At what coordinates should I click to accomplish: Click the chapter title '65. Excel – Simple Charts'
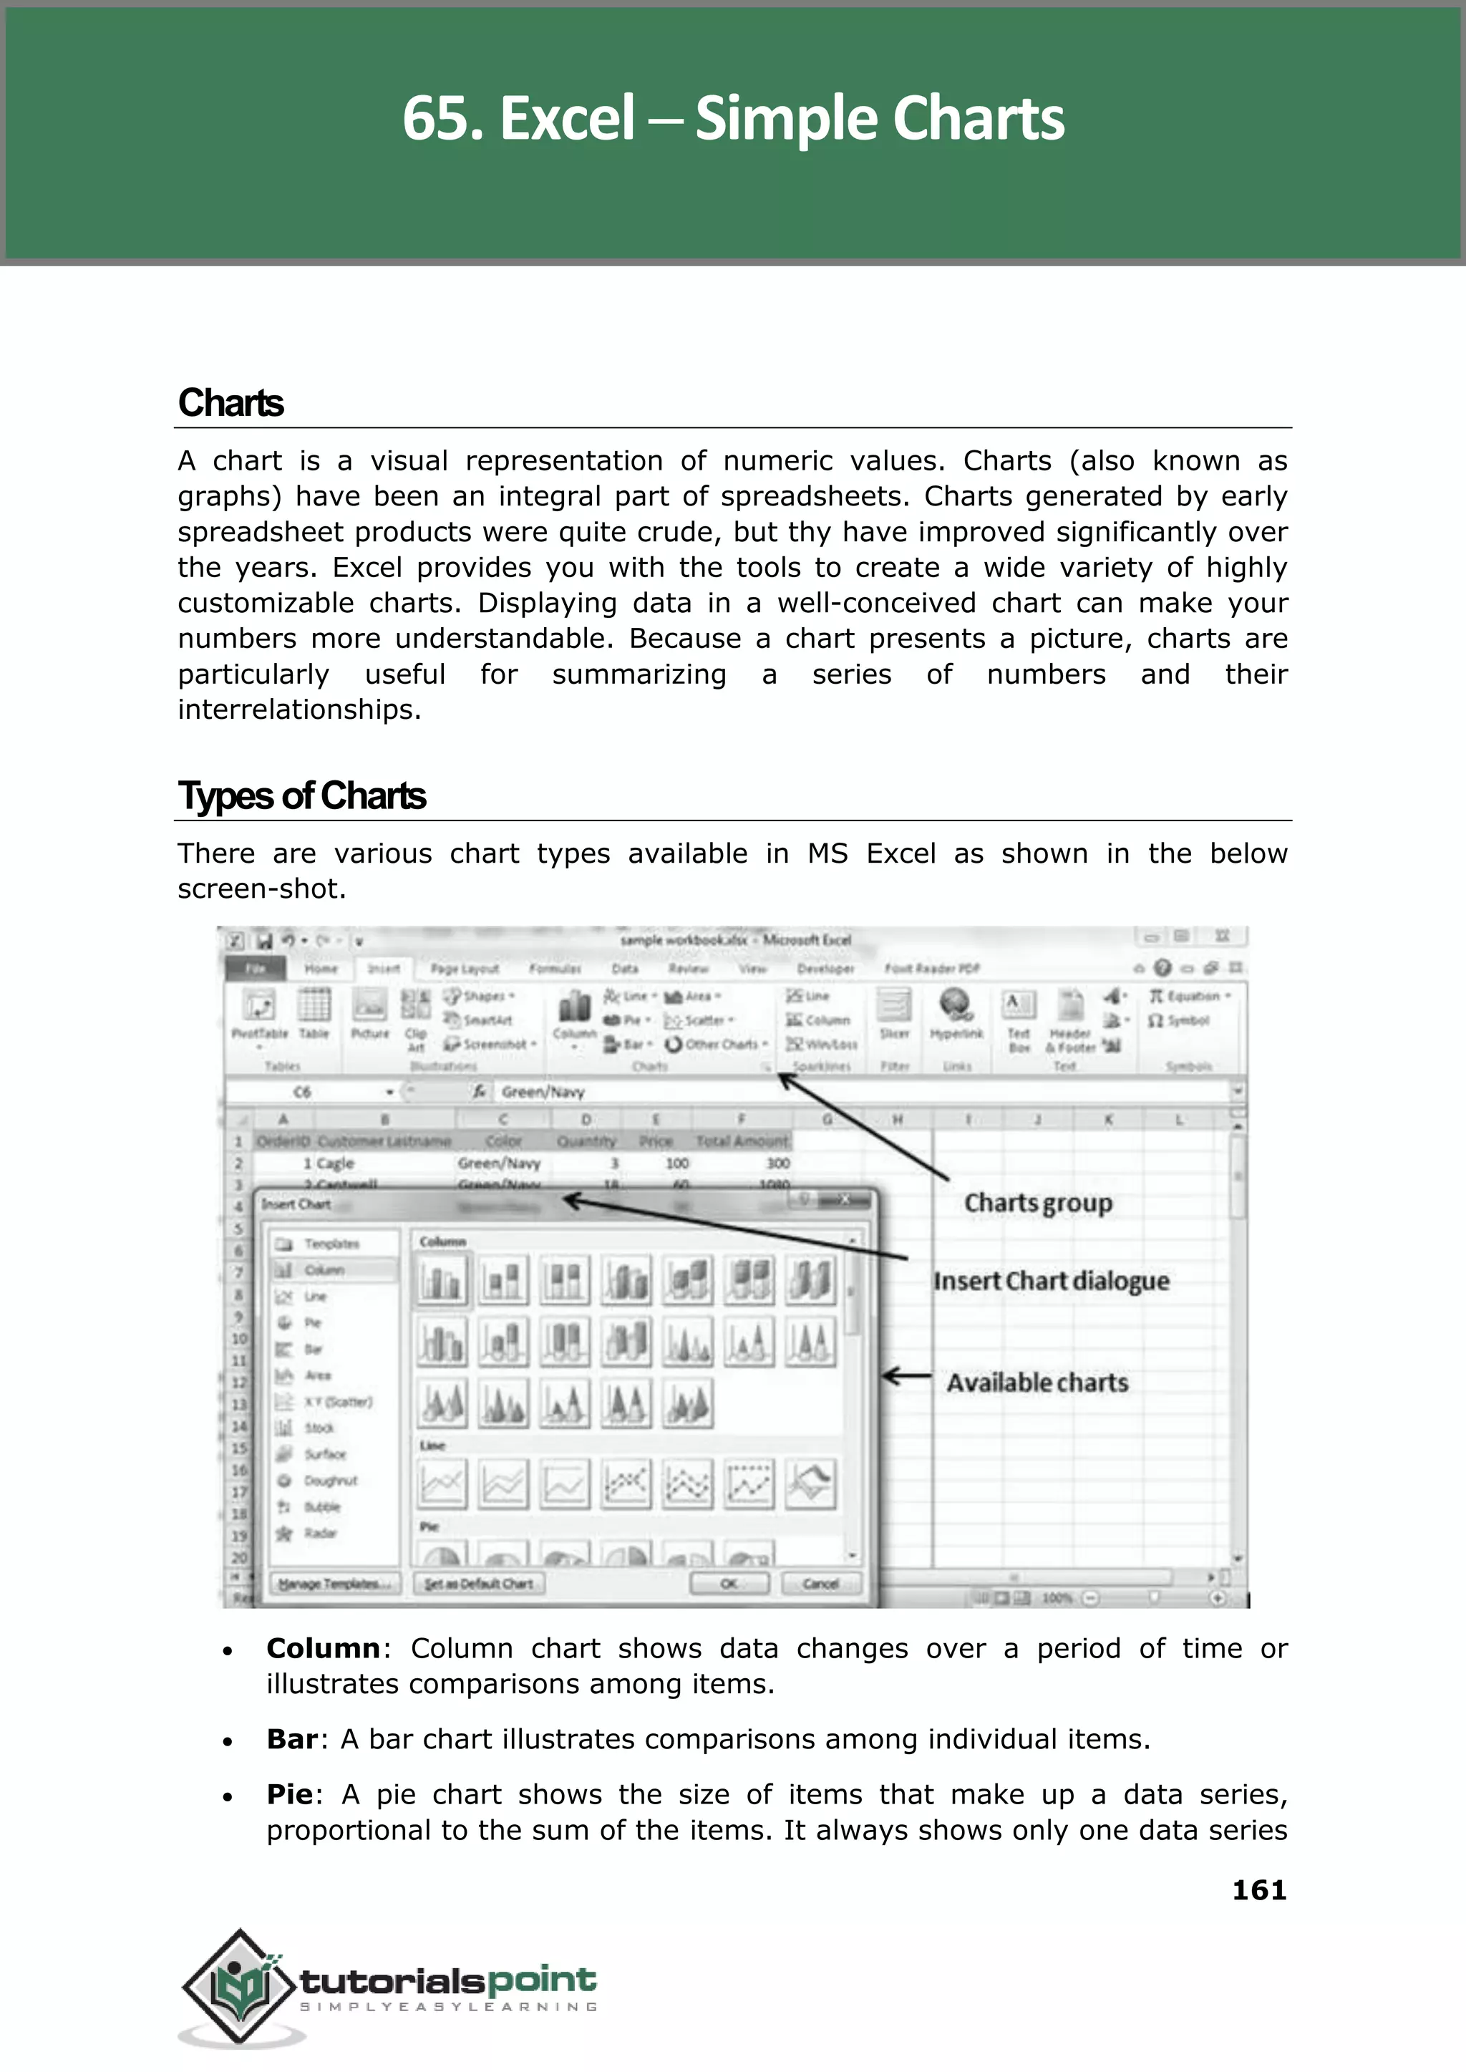tap(733, 118)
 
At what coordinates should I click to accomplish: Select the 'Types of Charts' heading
tap(301, 796)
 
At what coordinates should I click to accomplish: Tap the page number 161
tap(1258, 1889)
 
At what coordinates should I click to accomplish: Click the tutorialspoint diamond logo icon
tap(239, 1985)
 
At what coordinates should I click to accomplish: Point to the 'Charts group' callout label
tap(1038, 1204)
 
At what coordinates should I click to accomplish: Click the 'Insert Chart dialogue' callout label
tap(1051, 1281)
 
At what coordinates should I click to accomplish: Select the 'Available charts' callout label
tap(1037, 1383)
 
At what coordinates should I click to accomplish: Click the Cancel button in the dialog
tap(820, 1584)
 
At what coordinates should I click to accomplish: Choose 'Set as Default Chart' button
tap(478, 1584)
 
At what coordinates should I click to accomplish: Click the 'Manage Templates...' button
tap(334, 1584)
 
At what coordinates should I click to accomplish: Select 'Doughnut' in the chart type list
tap(331, 1481)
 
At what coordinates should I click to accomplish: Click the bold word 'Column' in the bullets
tap(323, 1649)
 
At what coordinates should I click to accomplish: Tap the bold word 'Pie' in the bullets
tap(289, 1794)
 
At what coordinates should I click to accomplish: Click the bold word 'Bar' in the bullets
tap(291, 1739)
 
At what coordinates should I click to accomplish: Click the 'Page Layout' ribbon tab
tap(464, 969)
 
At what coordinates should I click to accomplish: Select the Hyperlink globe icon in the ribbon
tap(955, 1004)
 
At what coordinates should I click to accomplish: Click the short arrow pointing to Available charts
tap(906, 1377)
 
